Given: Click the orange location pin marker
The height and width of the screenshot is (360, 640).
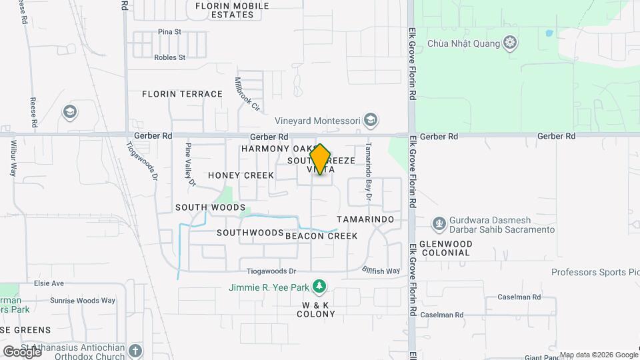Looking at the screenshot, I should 321,159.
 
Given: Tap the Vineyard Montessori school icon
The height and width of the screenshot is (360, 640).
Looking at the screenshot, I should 371,121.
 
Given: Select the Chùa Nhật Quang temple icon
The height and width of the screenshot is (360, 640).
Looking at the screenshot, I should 510,44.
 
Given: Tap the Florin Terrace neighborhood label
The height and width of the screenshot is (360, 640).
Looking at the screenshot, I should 182,94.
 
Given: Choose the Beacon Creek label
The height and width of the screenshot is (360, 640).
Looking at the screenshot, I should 321,236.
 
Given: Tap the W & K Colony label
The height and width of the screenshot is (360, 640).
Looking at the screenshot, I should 317,309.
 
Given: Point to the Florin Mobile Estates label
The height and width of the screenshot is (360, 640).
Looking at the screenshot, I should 232,10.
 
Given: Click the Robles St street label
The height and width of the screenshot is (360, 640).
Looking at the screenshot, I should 169,57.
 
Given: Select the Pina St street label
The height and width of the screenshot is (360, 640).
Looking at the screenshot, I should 169,31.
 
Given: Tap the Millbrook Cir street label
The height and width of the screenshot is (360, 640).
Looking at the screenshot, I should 246,94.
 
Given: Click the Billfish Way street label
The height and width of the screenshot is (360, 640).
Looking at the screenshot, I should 381,271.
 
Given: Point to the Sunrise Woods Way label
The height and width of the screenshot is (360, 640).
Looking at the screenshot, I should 82,301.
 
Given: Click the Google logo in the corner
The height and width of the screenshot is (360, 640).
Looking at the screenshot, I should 22,351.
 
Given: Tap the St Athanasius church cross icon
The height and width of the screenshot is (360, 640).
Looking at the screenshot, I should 135,350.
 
